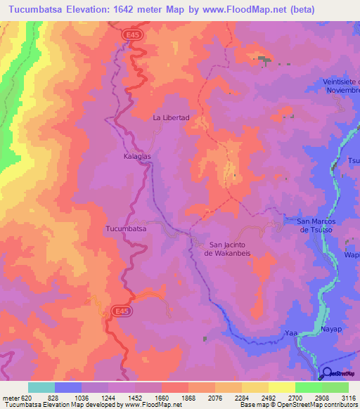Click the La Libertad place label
[x=172, y=118]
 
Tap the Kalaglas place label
[x=137, y=157]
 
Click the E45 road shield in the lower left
[x=118, y=309]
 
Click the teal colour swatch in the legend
[x=41, y=387]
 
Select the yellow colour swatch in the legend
[x=282, y=387]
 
